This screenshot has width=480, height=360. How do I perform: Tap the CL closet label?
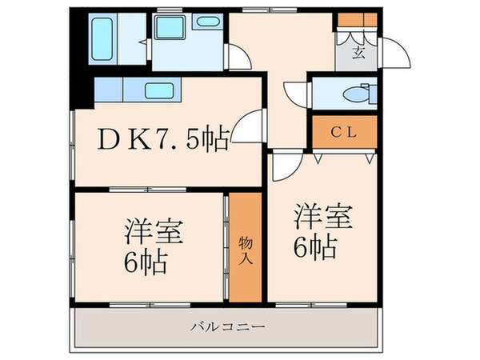344,133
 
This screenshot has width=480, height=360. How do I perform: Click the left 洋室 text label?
154,233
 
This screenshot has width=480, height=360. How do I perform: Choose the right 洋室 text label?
322,216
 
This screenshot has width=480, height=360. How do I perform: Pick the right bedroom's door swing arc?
283,165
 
